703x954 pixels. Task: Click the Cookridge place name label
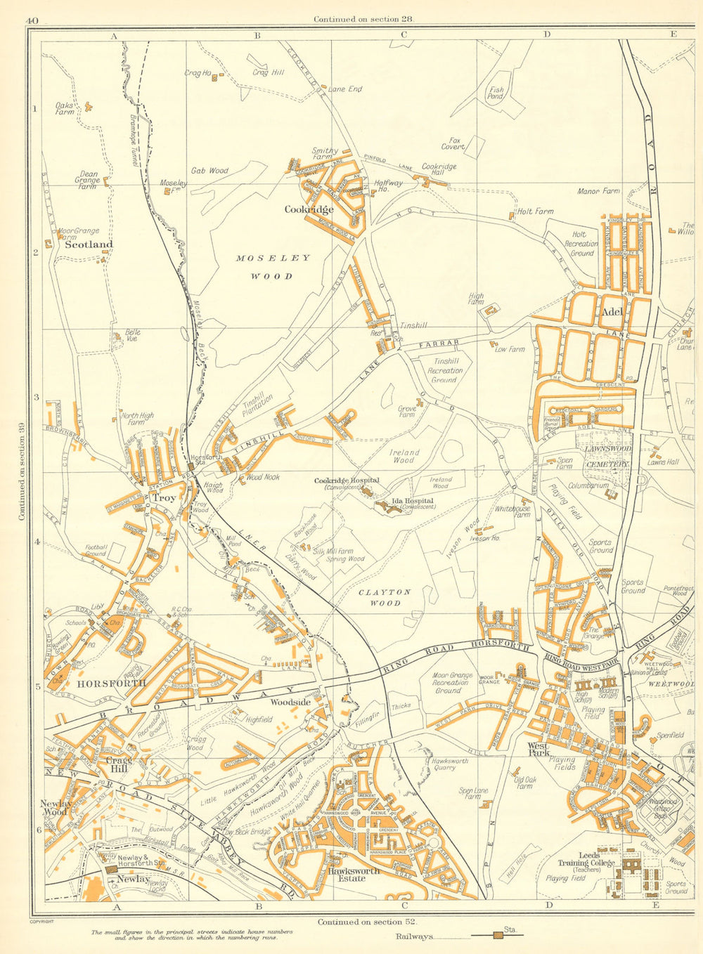[309, 209]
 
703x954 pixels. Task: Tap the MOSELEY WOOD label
[273, 267]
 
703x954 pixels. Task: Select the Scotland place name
[89, 244]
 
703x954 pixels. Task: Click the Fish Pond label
[496, 93]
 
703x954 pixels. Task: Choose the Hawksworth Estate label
[353, 874]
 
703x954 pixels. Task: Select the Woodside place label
[290, 702]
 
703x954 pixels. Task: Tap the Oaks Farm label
[65, 108]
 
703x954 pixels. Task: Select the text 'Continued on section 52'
[363, 922]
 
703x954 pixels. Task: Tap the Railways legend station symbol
[498, 936]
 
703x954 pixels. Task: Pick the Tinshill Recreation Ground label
[445, 370]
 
